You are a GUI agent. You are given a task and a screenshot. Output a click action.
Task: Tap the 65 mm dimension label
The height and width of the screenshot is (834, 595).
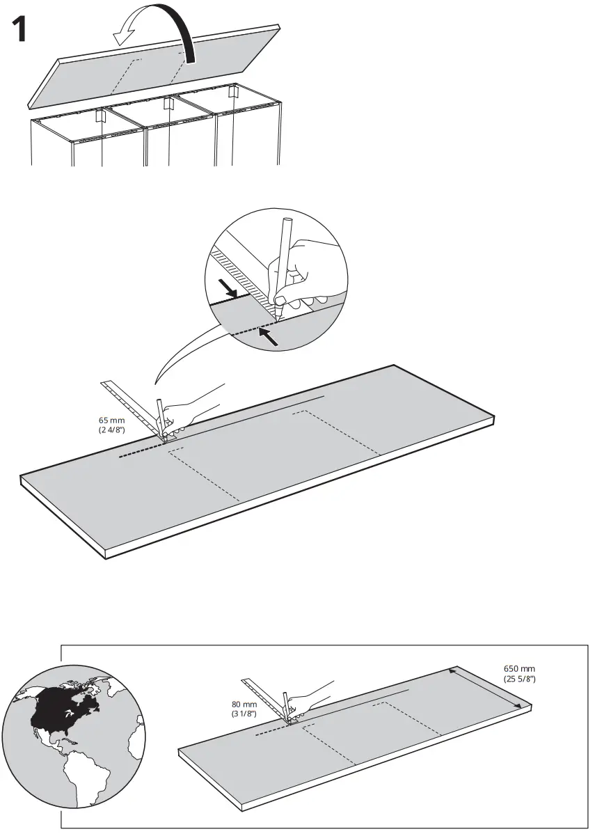coord(112,421)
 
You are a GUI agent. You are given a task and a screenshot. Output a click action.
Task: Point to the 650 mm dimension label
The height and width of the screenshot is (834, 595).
coord(519,669)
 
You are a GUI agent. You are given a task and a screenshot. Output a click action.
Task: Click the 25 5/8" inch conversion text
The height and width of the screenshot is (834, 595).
coord(519,679)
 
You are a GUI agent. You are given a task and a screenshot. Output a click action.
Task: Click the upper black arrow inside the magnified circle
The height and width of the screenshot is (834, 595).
coord(229,288)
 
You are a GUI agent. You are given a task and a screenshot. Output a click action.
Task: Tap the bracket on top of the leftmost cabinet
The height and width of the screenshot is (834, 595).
coord(100,117)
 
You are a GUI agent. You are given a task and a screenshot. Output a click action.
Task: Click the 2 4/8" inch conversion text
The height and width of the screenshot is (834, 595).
coord(112,431)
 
